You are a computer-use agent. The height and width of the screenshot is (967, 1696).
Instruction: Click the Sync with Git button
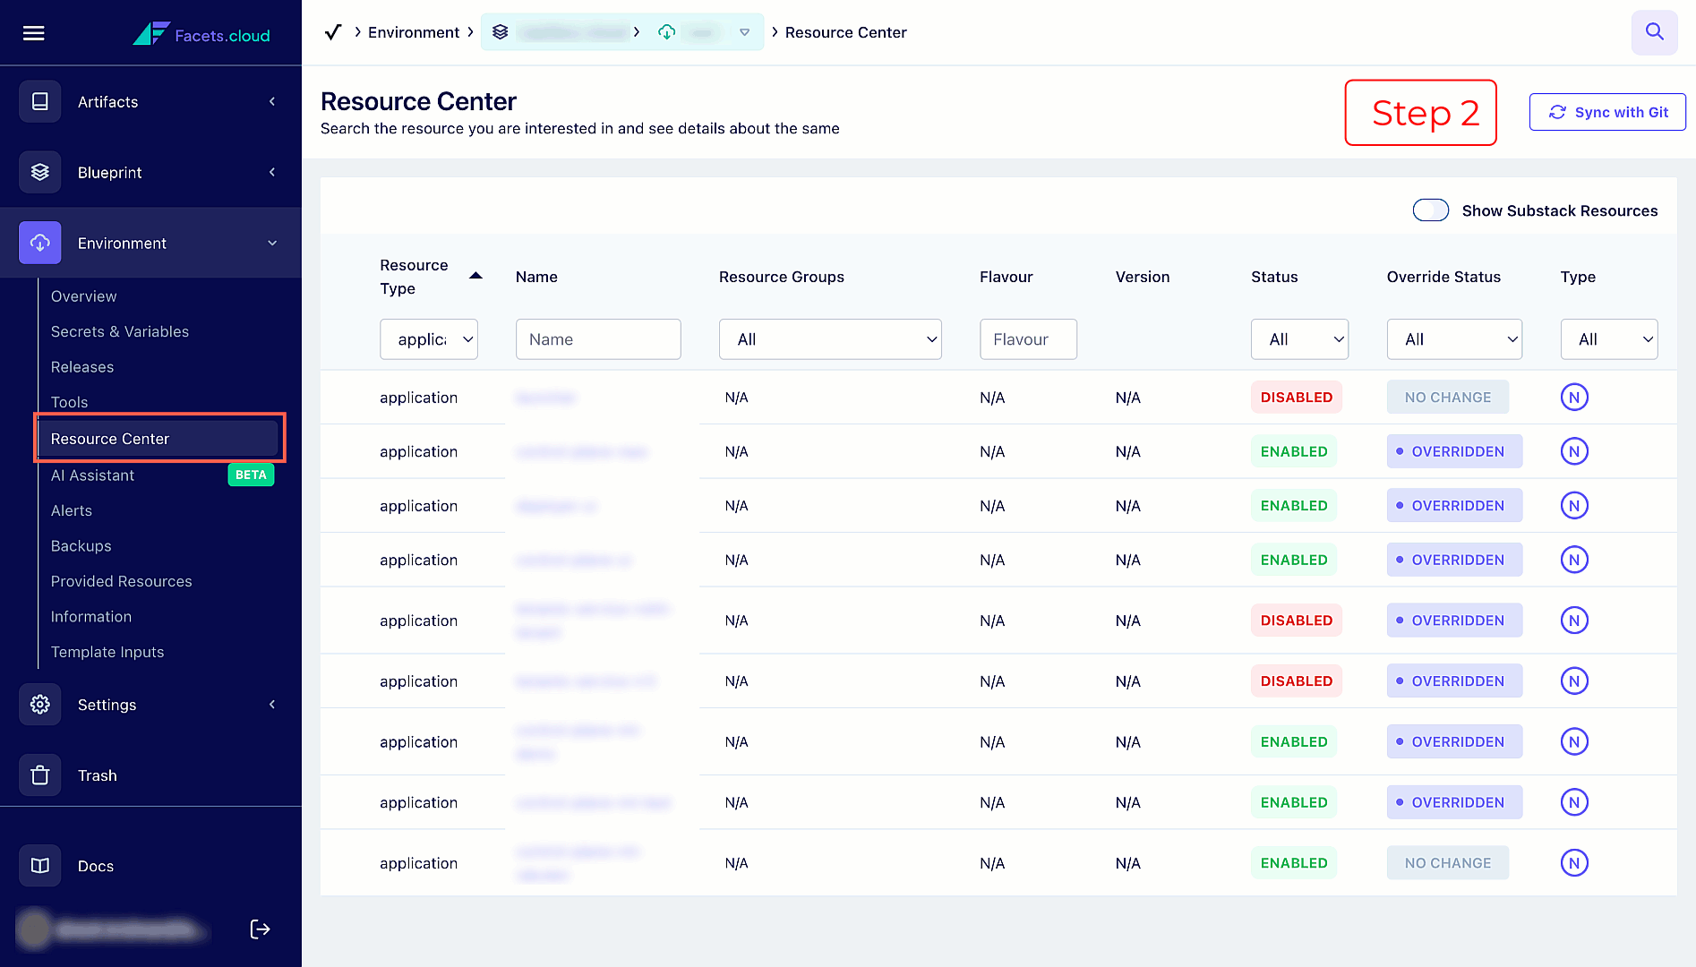[x=1607, y=112]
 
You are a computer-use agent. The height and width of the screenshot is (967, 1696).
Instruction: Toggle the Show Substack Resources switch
[x=1430, y=210]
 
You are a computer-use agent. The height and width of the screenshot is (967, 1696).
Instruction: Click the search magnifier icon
[x=1654, y=32]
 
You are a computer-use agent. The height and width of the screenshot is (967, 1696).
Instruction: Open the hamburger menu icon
[x=34, y=33]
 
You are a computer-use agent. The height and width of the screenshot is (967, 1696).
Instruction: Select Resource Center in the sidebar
[x=110, y=439]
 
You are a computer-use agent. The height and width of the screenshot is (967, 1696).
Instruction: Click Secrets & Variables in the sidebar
[x=120, y=331]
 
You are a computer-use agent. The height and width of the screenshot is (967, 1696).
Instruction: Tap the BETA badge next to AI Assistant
[x=251, y=475]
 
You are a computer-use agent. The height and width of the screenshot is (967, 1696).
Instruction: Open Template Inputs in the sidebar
[x=107, y=652]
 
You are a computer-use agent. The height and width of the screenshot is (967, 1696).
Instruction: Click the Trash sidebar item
[x=97, y=775]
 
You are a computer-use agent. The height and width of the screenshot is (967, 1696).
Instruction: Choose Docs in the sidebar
[x=95, y=866]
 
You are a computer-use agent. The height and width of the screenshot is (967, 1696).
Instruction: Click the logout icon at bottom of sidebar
[x=260, y=929]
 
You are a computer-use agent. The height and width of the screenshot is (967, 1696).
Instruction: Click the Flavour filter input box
[x=1028, y=339]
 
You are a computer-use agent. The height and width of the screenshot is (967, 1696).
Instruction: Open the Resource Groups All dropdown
[x=830, y=339]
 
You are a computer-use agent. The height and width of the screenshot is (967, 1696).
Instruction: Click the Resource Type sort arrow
[x=475, y=276]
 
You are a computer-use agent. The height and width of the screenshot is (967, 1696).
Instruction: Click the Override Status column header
[x=1443, y=277]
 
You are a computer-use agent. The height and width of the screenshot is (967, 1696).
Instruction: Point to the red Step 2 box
[x=1420, y=113]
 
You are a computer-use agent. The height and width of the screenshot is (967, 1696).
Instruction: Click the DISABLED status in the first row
[x=1296, y=398]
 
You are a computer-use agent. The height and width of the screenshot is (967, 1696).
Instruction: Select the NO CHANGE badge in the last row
[x=1447, y=863]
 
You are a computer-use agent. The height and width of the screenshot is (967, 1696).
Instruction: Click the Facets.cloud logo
[x=202, y=34]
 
